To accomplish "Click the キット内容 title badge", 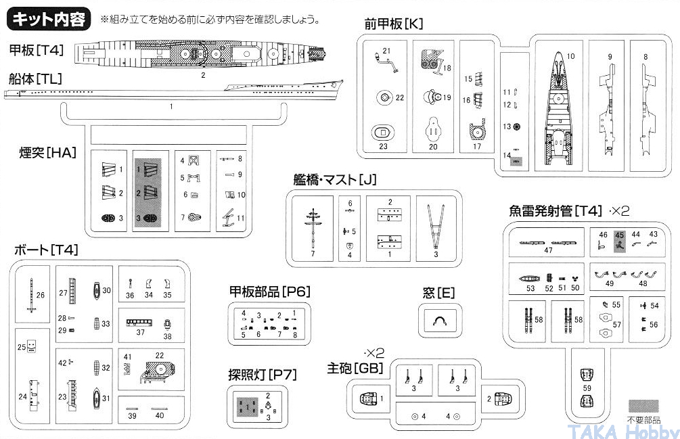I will (x=49, y=19).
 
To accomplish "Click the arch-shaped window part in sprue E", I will (x=438, y=322).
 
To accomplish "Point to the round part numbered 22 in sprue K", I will (x=384, y=98).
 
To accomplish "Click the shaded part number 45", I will (x=619, y=241).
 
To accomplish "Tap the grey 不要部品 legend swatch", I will (x=643, y=405).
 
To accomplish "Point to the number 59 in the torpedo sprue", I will (x=587, y=388).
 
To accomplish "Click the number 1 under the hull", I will (x=171, y=106).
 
